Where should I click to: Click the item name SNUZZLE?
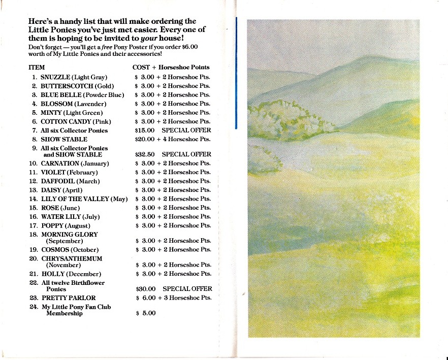tap(56, 77)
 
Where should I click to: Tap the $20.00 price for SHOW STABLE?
tap(142, 139)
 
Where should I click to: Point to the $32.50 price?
tap(142, 154)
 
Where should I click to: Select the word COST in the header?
tap(141, 67)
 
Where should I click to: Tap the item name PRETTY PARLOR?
tap(68, 298)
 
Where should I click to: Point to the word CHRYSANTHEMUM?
tap(72, 258)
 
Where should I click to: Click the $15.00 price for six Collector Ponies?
tap(142, 130)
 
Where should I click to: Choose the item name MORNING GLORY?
tap(69, 235)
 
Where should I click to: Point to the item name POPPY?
tap(52, 225)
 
